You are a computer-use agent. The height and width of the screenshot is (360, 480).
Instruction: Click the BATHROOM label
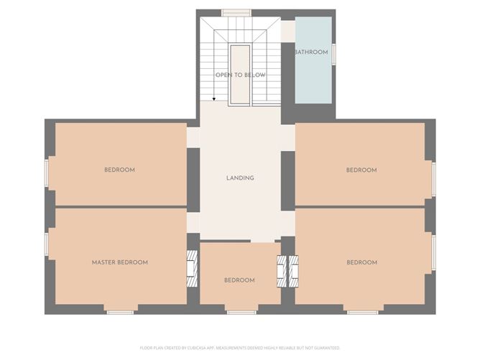(x=311, y=52)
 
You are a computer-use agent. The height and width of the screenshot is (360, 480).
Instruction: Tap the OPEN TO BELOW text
(x=240, y=75)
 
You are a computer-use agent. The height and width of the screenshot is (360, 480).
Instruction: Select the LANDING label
(x=240, y=178)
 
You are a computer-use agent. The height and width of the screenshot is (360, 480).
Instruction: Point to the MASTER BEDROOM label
(x=120, y=262)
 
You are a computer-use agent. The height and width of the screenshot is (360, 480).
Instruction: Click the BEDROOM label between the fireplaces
(x=239, y=280)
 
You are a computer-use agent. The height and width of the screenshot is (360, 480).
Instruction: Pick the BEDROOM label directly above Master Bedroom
(x=119, y=170)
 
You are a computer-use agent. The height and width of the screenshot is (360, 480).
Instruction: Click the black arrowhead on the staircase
(x=213, y=99)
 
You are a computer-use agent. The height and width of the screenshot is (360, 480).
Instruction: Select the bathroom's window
(x=333, y=55)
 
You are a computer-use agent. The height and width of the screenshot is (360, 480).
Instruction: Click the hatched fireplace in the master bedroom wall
(x=191, y=269)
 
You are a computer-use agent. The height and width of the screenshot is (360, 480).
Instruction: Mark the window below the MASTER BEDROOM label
(x=120, y=311)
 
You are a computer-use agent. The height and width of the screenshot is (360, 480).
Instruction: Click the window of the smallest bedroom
(x=241, y=311)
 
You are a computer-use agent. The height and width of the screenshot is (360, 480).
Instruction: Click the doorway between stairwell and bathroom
(x=287, y=31)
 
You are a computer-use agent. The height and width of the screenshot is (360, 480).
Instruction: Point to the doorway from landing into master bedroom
(x=193, y=222)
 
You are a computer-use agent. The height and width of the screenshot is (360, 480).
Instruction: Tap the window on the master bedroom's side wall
(x=47, y=244)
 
